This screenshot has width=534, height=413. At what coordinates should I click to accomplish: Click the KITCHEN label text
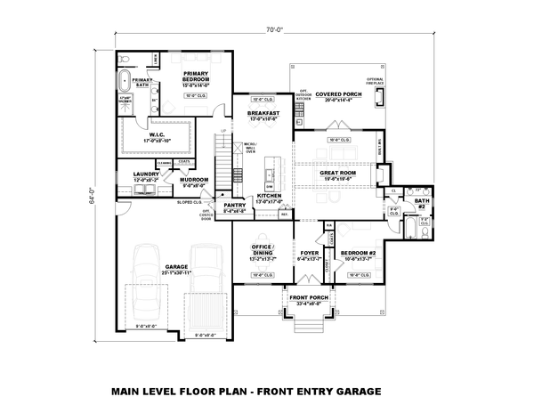(x=270, y=197)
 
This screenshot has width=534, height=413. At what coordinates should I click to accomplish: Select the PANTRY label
(x=234, y=206)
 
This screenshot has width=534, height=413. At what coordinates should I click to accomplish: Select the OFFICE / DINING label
(x=262, y=249)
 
